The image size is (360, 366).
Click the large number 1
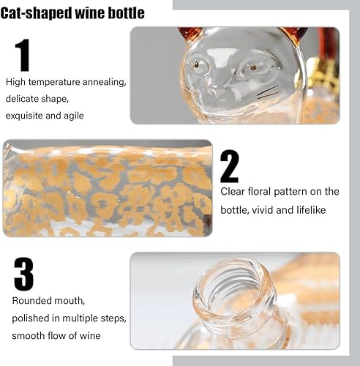[x=23, y=55]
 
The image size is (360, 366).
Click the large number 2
[x=230, y=165]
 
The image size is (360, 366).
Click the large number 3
[x=23, y=274]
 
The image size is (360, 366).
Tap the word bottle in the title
[x=125, y=13]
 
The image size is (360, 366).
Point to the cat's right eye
[x=253, y=67]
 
